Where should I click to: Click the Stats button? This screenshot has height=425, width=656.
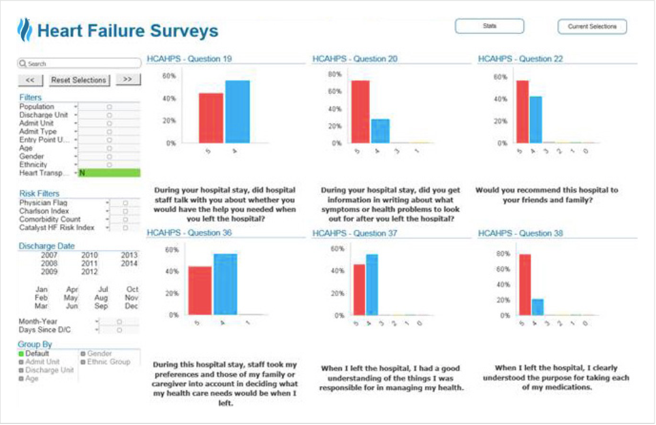489,27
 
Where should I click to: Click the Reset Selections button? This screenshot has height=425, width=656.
79,80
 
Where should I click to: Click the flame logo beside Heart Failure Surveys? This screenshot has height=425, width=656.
25,30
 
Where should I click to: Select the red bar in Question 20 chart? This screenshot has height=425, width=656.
360,112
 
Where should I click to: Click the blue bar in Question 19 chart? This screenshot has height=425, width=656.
237,112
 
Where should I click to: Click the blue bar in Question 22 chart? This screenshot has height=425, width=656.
535,119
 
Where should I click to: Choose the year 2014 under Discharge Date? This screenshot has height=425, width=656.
129,264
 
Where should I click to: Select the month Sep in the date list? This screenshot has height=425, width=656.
101,306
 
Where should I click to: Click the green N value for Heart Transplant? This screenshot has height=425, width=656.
109,173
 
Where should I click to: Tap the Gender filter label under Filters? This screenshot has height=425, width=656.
33,156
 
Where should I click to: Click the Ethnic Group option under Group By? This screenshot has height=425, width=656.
108,362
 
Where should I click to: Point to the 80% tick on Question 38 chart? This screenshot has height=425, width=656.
503,254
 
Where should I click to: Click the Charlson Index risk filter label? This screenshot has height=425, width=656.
44,211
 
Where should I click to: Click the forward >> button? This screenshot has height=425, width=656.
127,80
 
